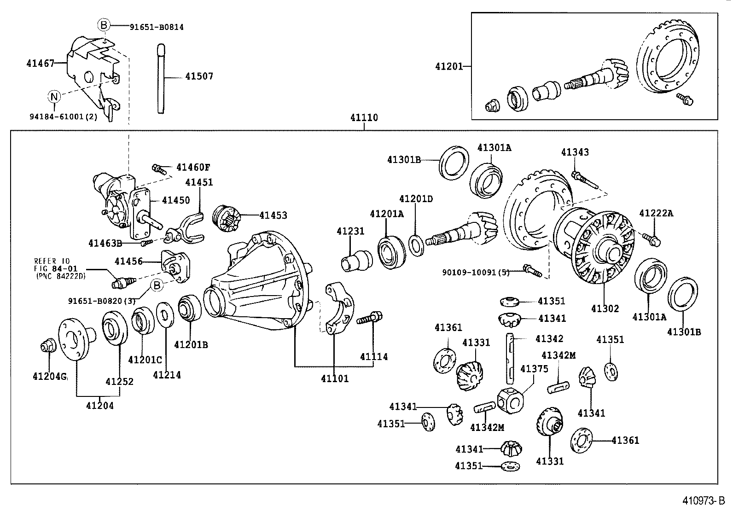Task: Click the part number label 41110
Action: click(x=364, y=118)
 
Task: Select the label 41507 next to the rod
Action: click(x=199, y=76)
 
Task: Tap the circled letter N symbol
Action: click(x=54, y=97)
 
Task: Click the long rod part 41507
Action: click(x=161, y=78)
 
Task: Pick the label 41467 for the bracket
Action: click(x=40, y=63)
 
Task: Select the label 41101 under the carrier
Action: click(x=335, y=379)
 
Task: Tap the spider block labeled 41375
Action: click(x=510, y=399)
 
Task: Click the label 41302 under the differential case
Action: click(x=605, y=309)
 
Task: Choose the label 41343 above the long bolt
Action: click(x=575, y=152)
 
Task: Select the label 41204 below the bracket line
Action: click(x=99, y=406)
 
